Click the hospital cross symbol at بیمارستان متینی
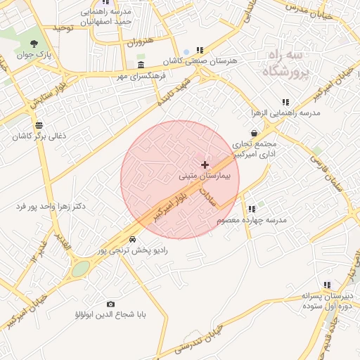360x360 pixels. (x=205, y=164)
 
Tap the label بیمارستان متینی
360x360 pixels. (x=204, y=175)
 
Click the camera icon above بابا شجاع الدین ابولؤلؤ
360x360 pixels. (x=110, y=304)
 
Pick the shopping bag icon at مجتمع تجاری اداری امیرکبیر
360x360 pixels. (x=254, y=132)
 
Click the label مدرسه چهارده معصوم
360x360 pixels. (x=252, y=220)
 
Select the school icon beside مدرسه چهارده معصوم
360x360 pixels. (x=251, y=209)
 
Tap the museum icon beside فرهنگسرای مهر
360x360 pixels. (x=141, y=65)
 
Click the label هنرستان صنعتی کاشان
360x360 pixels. (x=200, y=61)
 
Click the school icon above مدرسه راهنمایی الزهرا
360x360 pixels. (x=285, y=102)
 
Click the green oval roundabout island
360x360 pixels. (x=81, y=269)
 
